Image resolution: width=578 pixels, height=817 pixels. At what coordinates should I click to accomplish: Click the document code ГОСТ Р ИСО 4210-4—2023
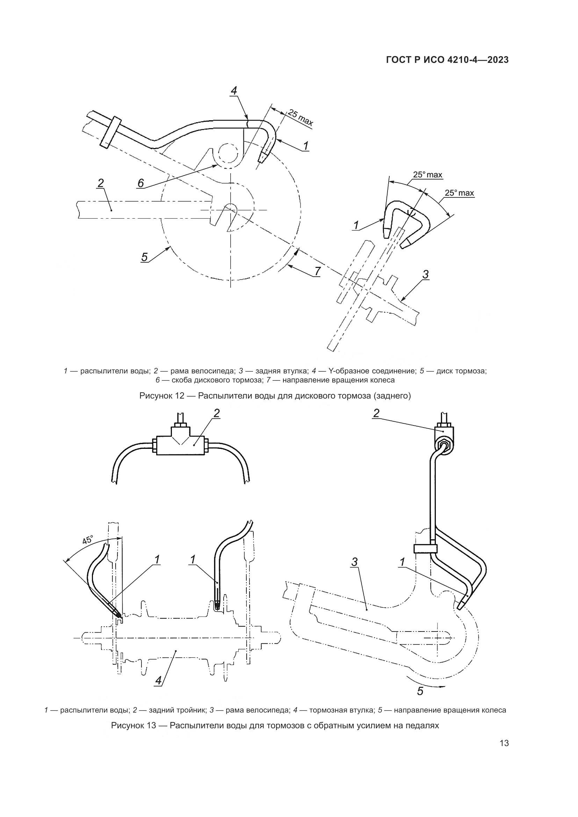[x=447, y=60]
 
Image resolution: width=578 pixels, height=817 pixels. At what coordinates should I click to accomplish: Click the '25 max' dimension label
[x=300, y=118]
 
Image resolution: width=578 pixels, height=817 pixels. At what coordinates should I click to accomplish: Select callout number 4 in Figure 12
[x=233, y=91]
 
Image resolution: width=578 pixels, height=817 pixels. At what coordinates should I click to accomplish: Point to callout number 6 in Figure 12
[x=140, y=183]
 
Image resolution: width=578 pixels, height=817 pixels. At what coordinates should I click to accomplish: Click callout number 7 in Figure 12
[x=317, y=271]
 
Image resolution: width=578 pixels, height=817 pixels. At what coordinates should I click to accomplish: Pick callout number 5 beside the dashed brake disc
[x=144, y=257]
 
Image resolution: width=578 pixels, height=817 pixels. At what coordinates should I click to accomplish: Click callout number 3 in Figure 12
[x=425, y=275]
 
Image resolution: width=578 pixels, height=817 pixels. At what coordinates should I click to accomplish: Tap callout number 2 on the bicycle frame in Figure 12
[x=101, y=183]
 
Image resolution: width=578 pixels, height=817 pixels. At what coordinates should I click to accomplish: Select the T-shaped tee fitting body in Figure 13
[x=180, y=445]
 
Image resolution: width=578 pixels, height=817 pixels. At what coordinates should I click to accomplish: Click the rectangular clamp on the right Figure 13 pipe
[x=425, y=549]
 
